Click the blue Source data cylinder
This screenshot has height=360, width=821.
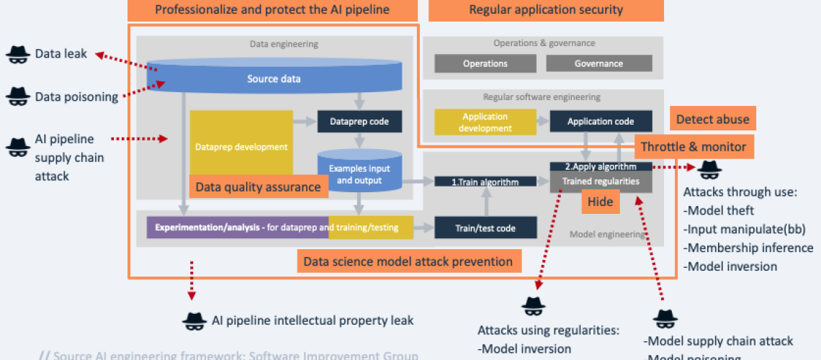tap(274, 78)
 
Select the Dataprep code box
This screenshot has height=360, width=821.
tap(359, 121)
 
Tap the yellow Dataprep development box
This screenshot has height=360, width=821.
tap(241, 147)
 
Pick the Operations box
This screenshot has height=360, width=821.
tap(485, 63)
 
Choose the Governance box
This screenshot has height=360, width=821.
tap(598, 63)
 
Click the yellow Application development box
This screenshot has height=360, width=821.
tap(485, 122)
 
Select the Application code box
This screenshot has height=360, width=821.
tap(601, 122)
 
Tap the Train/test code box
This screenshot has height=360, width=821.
tap(485, 228)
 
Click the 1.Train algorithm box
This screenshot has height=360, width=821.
tap(485, 182)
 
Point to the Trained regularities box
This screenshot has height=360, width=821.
tap(601, 181)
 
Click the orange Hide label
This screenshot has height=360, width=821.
tap(600, 202)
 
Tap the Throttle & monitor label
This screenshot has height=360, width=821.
tap(694, 147)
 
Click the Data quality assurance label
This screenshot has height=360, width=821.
tap(257, 187)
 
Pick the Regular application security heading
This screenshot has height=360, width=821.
tap(546, 9)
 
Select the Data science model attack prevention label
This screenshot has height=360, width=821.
tap(408, 261)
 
